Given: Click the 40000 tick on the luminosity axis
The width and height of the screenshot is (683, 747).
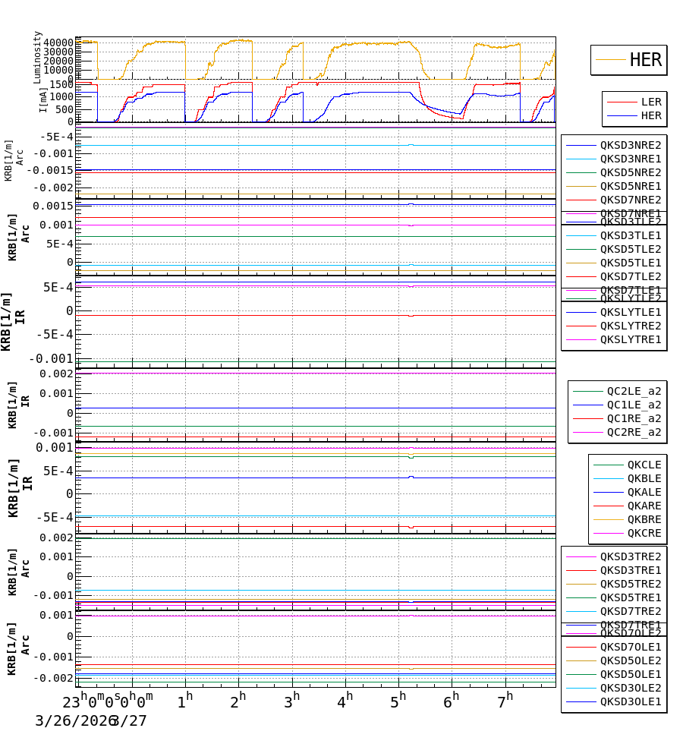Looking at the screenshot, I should (58, 43).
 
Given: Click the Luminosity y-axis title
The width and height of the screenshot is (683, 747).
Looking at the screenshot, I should (38, 56).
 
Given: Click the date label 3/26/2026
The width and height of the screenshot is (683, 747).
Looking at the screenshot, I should (72, 720).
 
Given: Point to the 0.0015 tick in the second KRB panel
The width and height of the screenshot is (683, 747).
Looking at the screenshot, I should (52, 206).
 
